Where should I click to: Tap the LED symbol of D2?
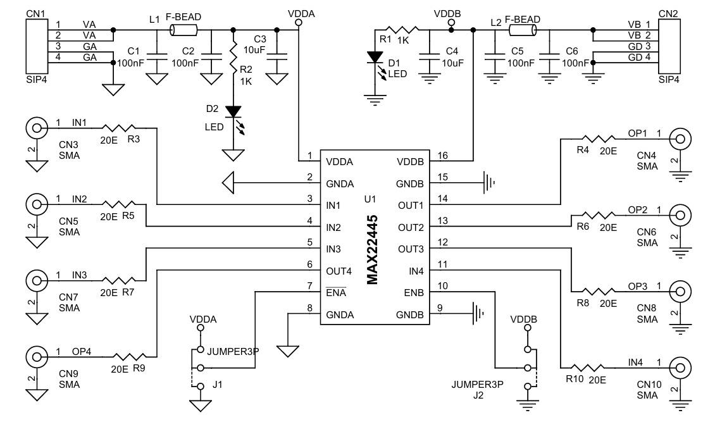click(234, 112)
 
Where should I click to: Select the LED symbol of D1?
click(375, 57)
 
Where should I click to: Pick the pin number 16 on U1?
click(442, 155)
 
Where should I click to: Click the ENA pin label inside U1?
click(336, 292)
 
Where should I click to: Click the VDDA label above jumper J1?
click(203, 320)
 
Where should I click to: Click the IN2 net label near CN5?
click(80, 199)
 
